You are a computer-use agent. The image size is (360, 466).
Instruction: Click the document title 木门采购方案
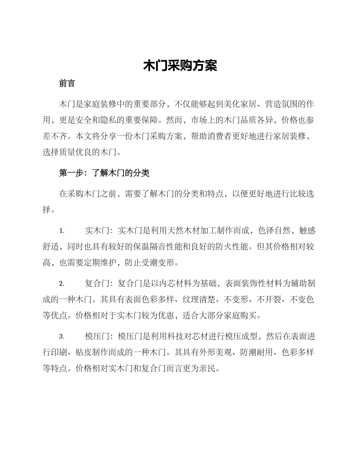180,66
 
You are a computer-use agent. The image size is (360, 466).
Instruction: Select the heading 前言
67,84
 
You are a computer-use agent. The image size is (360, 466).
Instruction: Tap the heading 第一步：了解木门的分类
104,173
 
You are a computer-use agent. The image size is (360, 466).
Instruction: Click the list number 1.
62,231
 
